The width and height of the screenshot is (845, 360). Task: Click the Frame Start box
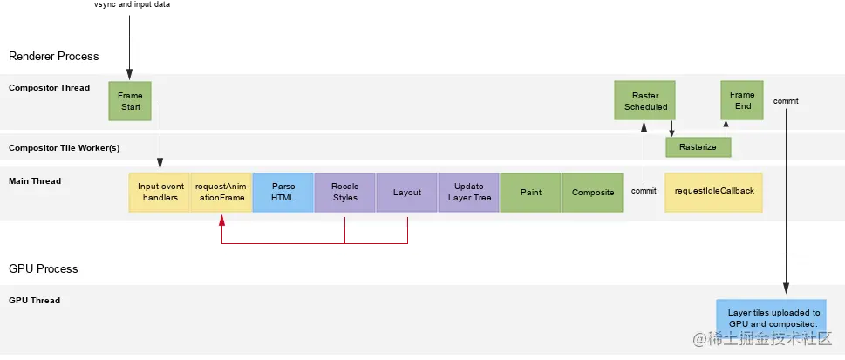click(130, 100)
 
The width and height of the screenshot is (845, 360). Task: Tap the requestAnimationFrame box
click(221, 193)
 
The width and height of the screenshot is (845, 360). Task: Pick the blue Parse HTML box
click(283, 193)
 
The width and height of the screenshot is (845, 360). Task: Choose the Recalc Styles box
click(345, 193)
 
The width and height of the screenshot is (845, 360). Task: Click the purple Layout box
click(407, 193)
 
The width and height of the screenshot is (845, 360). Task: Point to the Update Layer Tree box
click(468, 193)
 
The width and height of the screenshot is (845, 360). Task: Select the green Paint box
click(530, 193)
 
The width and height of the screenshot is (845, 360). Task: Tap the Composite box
click(592, 193)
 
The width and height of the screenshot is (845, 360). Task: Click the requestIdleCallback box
click(713, 193)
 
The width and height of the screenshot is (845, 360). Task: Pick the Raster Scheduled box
click(645, 100)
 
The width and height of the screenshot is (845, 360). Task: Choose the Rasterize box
click(698, 147)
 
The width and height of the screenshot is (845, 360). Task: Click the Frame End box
click(742, 100)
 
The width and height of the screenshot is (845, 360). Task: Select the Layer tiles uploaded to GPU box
click(768, 318)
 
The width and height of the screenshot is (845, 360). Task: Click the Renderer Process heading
click(54, 56)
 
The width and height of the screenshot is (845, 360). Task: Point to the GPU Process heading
click(44, 268)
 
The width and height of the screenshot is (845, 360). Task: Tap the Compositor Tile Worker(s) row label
click(65, 147)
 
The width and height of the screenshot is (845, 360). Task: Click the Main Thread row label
click(35, 181)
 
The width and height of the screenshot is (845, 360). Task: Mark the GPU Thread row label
click(35, 301)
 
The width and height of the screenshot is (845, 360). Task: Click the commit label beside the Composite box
click(644, 190)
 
